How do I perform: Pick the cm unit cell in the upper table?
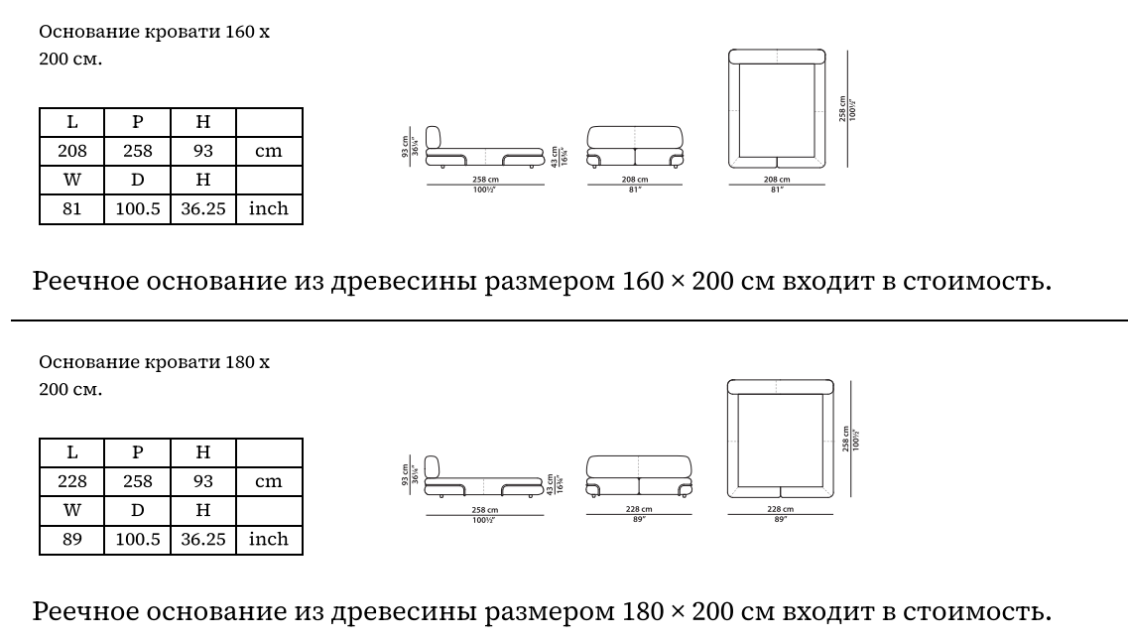pyautogui.click(x=269, y=151)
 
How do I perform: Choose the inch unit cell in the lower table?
pyautogui.click(x=269, y=539)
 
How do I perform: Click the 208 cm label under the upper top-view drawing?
pyautogui.click(x=778, y=179)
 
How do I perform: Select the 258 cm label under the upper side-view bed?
pyautogui.click(x=484, y=179)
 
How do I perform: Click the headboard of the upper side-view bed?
pyautogui.click(x=434, y=140)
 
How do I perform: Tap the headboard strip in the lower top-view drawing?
pyautogui.click(x=778, y=387)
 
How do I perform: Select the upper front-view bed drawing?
pyautogui.click(x=636, y=146)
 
